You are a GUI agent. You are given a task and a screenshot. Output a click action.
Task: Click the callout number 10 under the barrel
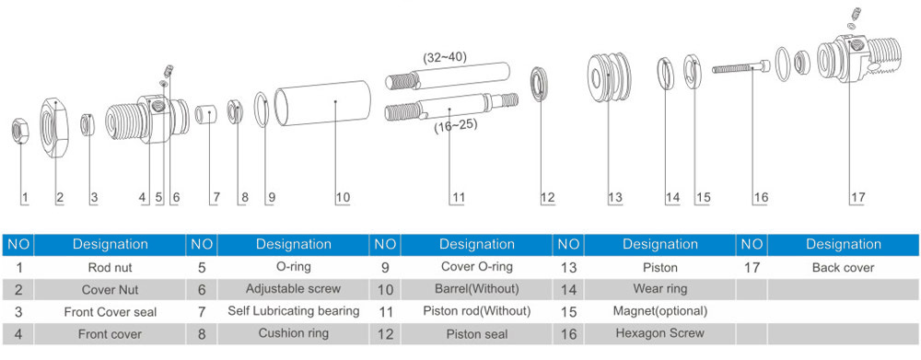coord(343,198)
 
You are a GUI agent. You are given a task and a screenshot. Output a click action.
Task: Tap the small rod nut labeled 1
coord(20,131)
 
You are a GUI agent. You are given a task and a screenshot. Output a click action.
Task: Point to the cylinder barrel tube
coord(323,103)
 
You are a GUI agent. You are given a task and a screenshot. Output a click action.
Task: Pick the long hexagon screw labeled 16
coord(741,67)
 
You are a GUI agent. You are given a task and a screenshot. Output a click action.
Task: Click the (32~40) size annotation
coord(445,58)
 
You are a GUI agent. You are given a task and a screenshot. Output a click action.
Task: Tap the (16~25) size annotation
coord(455,125)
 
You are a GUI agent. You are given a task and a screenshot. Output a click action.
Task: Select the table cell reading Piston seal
coord(476,334)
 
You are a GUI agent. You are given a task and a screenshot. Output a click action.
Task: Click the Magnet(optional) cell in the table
coord(659,311)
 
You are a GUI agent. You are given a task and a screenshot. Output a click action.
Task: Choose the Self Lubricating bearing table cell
coord(293,311)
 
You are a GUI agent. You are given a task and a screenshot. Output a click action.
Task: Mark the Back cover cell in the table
coord(843,268)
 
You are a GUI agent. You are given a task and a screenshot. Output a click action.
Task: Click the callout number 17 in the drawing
coord(857,198)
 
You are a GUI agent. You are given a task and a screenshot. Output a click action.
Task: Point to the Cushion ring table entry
coord(293,333)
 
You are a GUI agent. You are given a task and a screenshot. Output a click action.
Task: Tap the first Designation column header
coord(110,244)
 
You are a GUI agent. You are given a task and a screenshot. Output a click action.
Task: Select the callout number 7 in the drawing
coord(216,198)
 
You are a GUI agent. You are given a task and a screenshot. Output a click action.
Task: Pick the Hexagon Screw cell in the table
coord(659,333)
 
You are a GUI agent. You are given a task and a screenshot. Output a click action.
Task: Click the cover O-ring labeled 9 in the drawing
coord(256,110)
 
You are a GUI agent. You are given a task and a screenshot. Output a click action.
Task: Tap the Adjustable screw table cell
coord(293,289)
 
